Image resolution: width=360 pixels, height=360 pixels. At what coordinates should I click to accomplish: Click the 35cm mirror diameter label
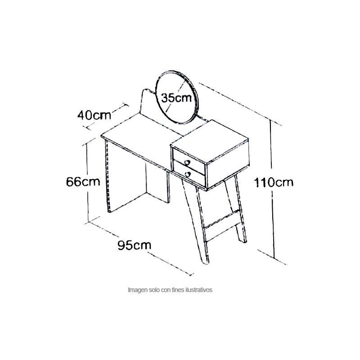(176, 98)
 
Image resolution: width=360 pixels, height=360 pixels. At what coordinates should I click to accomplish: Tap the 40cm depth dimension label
(94, 115)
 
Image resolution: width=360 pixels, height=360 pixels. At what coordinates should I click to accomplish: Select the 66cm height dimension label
(83, 182)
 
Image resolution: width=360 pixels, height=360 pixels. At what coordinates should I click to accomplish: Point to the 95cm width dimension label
(134, 245)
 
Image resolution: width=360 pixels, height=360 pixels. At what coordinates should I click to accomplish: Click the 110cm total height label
(274, 183)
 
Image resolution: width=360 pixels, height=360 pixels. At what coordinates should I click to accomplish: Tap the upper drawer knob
(187, 162)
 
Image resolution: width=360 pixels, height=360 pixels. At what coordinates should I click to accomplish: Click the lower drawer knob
(188, 175)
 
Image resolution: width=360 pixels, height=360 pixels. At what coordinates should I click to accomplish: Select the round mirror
(176, 97)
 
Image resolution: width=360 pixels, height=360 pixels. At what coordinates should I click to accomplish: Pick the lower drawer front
(189, 174)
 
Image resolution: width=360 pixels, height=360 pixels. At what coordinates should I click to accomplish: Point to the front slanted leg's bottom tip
(206, 263)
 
